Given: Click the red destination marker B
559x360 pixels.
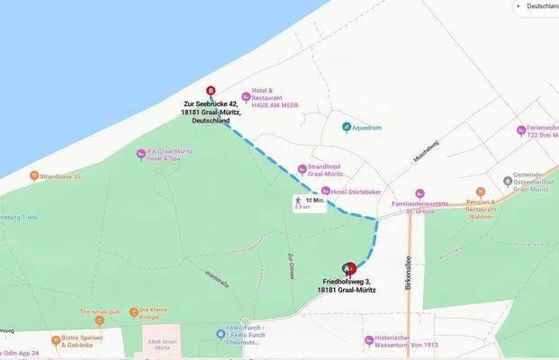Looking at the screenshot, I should tap(211, 91).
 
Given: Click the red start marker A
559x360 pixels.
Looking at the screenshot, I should tap(349, 268).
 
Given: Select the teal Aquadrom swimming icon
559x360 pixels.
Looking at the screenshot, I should tap(347, 127).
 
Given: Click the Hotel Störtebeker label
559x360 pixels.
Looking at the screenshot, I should tap(353, 192).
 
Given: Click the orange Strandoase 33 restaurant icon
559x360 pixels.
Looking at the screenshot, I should tap(33, 176).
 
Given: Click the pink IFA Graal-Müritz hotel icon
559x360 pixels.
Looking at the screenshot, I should tap(140, 154).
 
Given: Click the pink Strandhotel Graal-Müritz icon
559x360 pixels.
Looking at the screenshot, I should tap(301, 167).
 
